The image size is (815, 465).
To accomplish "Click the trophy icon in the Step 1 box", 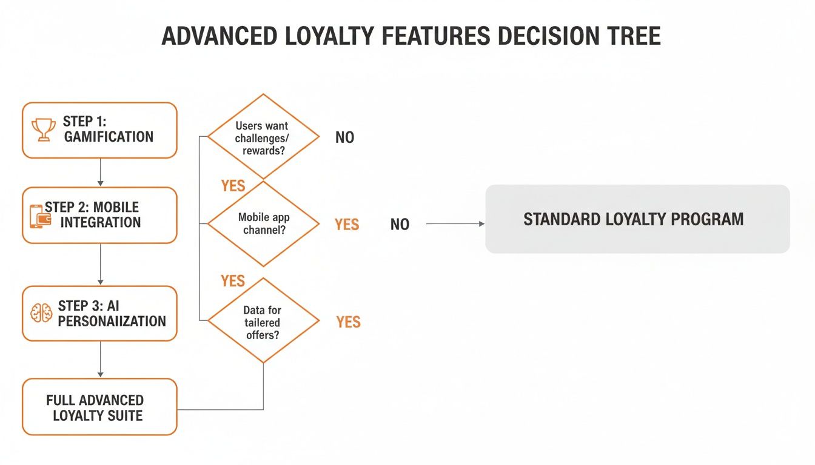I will [x=43, y=130].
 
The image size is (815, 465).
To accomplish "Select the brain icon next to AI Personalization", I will [x=41, y=313].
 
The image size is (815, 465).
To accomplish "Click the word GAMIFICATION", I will [x=109, y=137].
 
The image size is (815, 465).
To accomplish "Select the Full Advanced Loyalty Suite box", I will [x=99, y=407].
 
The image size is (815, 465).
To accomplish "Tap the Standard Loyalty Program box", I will [x=637, y=219].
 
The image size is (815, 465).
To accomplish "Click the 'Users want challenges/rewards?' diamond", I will [x=263, y=137].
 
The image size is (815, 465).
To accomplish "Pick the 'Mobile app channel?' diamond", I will [x=263, y=223].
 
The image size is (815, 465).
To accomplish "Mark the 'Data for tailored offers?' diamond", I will [x=263, y=322].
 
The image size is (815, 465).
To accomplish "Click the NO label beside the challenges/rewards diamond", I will [x=344, y=137].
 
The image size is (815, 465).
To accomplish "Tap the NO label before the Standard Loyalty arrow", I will [x=400, y=225].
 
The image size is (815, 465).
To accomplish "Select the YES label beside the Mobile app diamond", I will [x=347, y=225].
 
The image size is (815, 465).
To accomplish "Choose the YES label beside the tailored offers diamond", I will [x=348, y=322].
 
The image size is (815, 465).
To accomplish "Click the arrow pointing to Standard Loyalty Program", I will [x=455, y=224].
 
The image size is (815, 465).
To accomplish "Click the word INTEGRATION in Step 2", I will [x=101, y=222].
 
